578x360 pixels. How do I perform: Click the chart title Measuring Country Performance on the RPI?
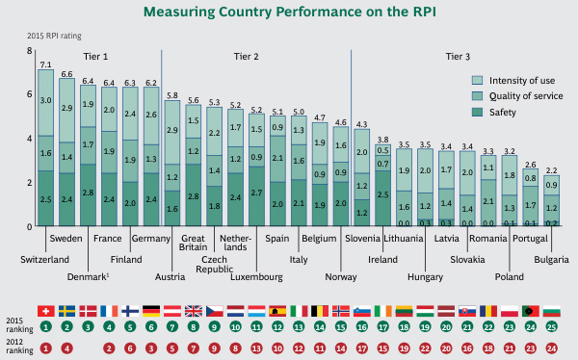tap(288, 13)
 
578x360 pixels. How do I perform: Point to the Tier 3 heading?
tap(457, 57)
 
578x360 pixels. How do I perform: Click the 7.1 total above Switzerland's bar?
tap(45, 64)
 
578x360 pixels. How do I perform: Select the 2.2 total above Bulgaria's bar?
tap(551, 169)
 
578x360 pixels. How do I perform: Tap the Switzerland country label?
tap(45, 260)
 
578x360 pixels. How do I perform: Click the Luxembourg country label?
tap(256, 276)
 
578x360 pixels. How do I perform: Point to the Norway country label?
tap(341, 276)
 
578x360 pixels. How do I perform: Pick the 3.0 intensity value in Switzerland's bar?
tap(45, 100)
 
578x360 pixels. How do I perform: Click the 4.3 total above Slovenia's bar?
tap(362, 124)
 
